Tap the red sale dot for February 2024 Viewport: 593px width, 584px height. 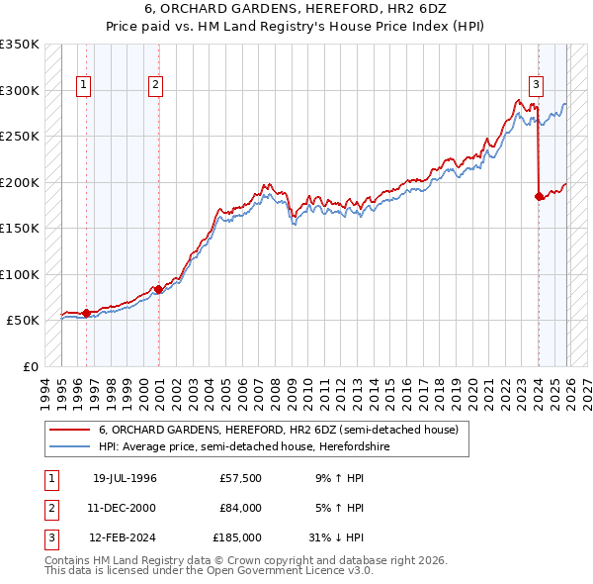tap(539, 196)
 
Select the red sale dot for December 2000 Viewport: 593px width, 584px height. tap(158, 289)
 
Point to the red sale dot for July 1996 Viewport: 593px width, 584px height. tap(86, 313)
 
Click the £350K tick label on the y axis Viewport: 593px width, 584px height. tap(20, 45)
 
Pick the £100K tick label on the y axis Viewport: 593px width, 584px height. tap(20, 274)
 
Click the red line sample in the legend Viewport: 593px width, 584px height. tap(69, 431)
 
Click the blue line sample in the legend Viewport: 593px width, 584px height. tap(69, 447)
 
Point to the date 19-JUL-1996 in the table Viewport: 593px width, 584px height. tap(126, 479)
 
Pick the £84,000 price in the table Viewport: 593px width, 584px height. tap(240, 508)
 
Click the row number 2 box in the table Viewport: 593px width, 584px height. tap(49, 508)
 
